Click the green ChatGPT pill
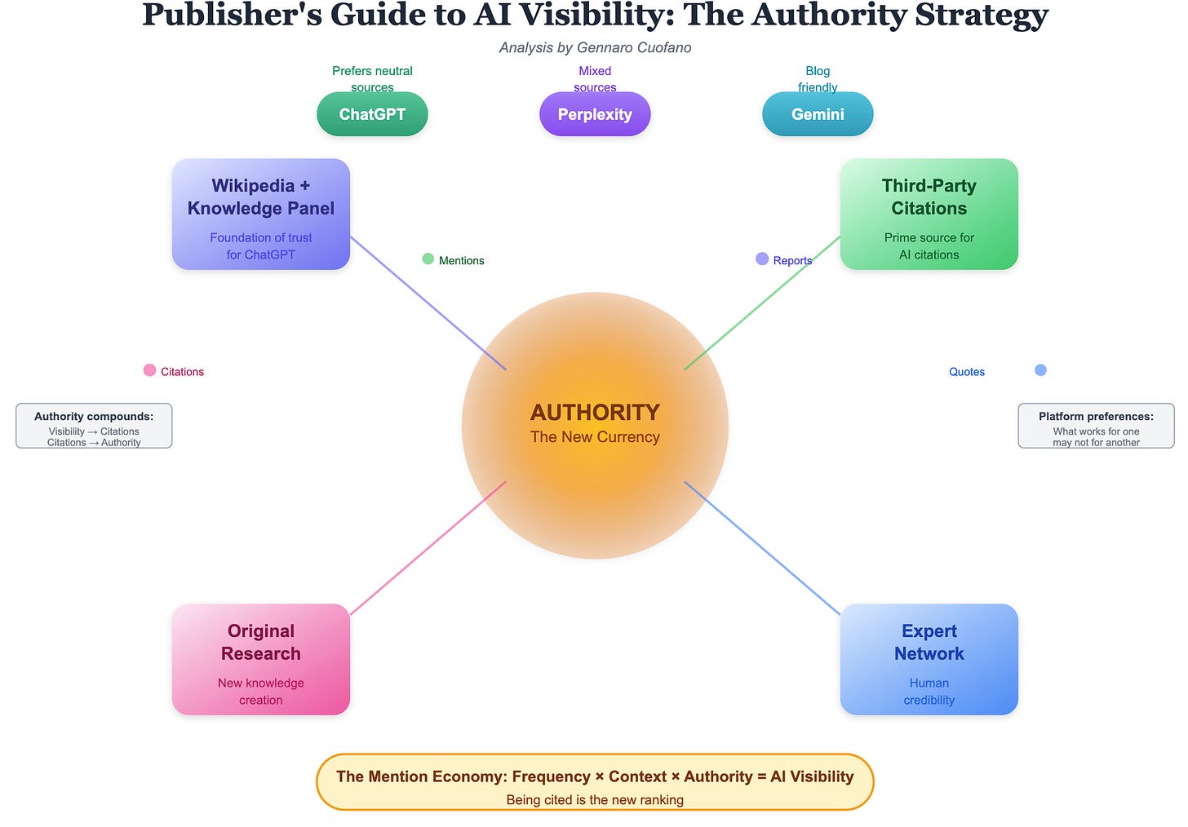[x=372, y=114]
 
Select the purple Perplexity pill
[x=595, y=114]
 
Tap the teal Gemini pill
[x=818, y=114]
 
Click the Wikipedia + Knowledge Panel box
[x=261, y=214]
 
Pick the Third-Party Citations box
[x=929, y=214]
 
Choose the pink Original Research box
[x=261, y=659]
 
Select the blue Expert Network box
[x=929, y=659]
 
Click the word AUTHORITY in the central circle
[x=595, y=413]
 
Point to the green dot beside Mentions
[x=428, y=259]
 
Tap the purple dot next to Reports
[x=762, y=259]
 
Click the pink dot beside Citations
[x=149, y=370]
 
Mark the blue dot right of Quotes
[x=1040, y=370]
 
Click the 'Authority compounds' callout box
[x=94, y=426]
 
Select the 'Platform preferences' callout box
[x=1096, y=426]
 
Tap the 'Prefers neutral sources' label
[x=372, y=78]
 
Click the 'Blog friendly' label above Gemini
[x=818, y=78]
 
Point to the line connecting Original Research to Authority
[x=428, y=547]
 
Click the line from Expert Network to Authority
[x=762, y=547]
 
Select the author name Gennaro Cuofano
[x=634, y=47]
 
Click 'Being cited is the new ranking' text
[x=595, y=799]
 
